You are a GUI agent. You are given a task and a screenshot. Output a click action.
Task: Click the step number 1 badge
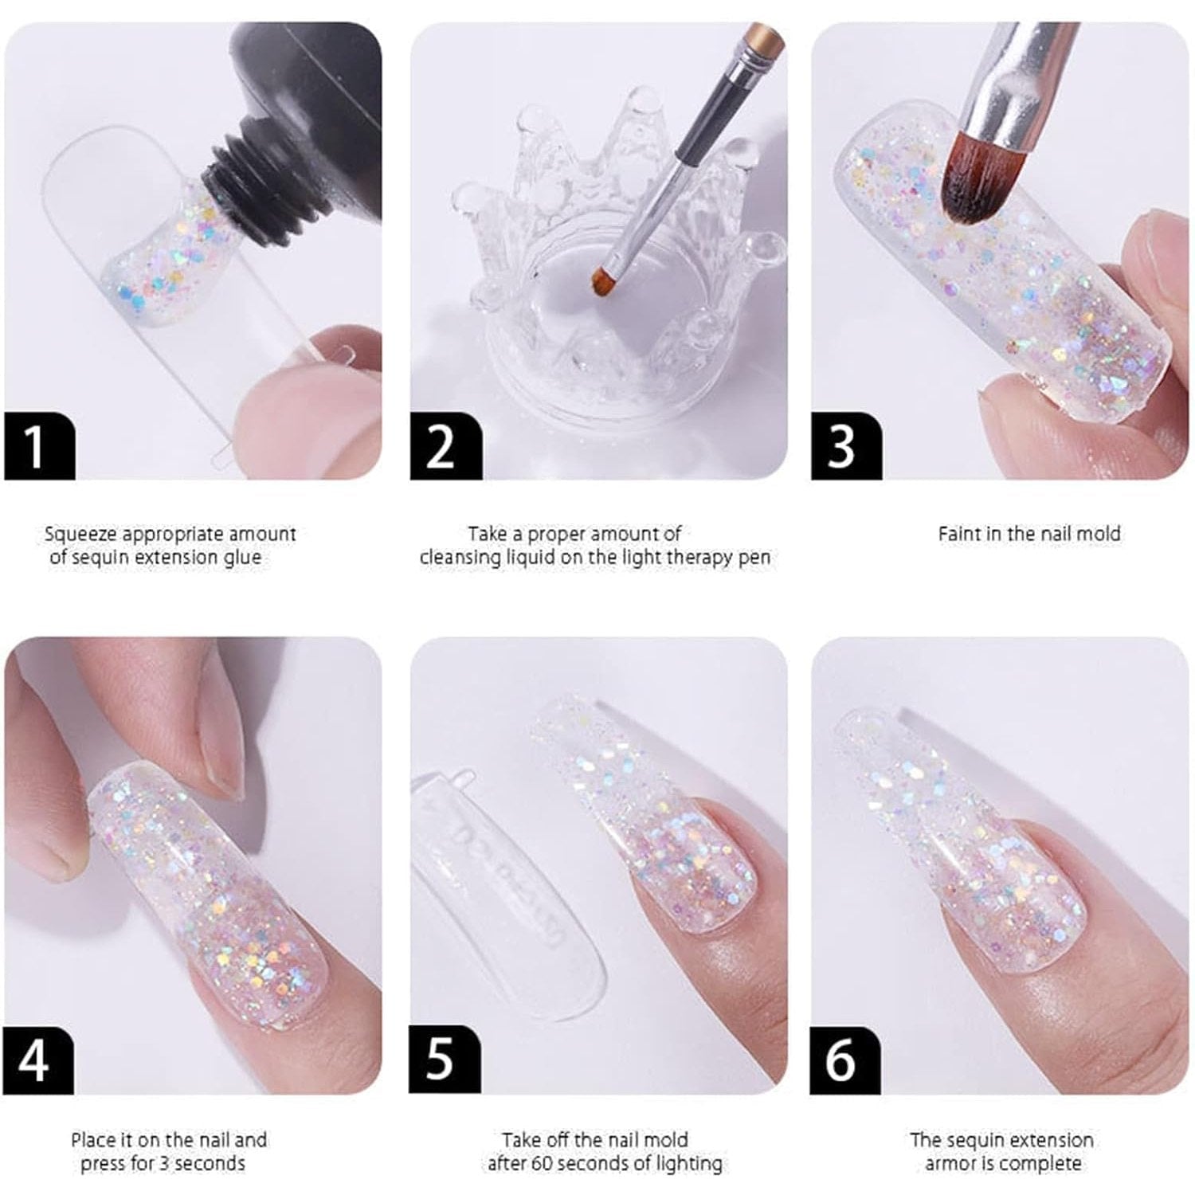click(40, 446)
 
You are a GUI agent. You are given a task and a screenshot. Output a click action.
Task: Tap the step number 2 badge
click(445, 446)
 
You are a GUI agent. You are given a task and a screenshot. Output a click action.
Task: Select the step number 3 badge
click(846, 446)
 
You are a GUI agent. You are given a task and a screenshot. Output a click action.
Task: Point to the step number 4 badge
click(39, 1060)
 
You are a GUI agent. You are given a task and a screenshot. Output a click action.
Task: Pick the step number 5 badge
click(445, 1060)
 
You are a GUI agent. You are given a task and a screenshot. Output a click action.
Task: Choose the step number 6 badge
click(845, 1060)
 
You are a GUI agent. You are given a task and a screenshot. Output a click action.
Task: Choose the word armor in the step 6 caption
click(948, 1164)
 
